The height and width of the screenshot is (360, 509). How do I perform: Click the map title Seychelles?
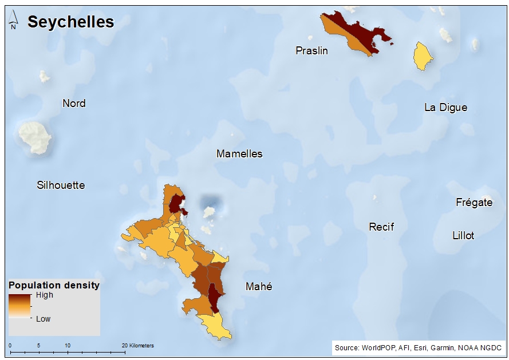point(70,22)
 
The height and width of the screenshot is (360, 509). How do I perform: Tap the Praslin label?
point(311,51)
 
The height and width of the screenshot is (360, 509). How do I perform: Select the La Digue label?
point(445,108)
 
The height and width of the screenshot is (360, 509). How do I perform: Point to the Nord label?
point(74,104)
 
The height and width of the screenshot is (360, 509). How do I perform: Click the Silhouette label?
point(61,185)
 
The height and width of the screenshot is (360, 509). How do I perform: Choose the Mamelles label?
point(239,154)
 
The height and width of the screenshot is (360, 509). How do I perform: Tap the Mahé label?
point(258,287)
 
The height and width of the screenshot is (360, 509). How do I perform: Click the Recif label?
point(381,227)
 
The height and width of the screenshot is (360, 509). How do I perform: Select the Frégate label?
point(474,203)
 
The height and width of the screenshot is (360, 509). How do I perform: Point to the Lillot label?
point(463,236)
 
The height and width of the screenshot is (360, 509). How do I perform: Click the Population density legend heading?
point(54,285)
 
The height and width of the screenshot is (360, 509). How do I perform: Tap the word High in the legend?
point(44,295)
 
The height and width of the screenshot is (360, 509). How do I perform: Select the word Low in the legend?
point(44,319)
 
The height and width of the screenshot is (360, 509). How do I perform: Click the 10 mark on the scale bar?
point(68,346)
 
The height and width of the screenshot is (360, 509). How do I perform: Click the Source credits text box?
point(418,347)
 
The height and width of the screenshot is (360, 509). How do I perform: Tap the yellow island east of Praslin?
point(423,56)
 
